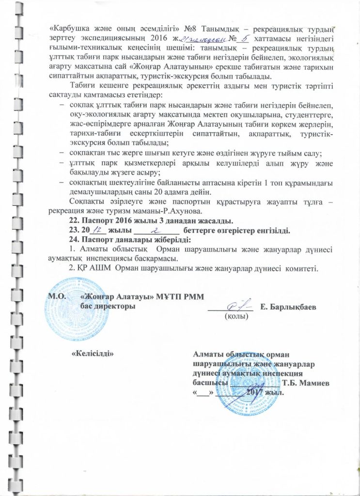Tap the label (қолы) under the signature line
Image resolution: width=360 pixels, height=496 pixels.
click(x=235, y=316)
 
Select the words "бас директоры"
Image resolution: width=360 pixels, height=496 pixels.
click(x=108, y=306)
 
